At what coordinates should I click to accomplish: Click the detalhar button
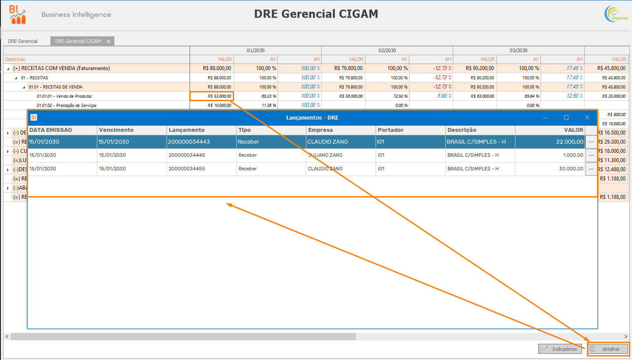point(608,349)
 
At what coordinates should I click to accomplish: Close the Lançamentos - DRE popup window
point(587,117)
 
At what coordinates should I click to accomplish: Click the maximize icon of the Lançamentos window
point(566,117)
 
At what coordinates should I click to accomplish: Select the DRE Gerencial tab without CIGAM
point(23,41)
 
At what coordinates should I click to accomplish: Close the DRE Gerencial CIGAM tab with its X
point(108,42)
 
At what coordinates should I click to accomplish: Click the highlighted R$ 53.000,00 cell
point(212,96)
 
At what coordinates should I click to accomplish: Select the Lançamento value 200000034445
point(187,155)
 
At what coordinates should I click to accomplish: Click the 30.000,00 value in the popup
point(570,169)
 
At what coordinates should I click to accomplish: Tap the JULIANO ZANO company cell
point(325,155)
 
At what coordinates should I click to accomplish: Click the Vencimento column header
point(117,130)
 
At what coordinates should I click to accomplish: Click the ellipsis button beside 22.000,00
point(591,142)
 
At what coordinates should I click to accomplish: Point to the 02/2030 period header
point(387,50)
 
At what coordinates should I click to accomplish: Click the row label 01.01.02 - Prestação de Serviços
point(67,106)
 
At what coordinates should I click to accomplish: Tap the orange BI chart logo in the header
point(18,14)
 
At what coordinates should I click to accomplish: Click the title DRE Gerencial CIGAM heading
point(316,14)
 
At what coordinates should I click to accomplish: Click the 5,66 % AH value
point(444,96)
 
